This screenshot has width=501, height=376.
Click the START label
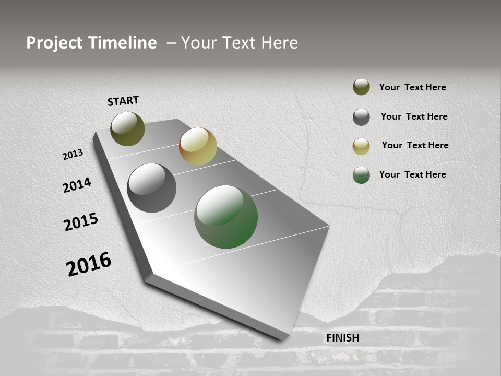pos(123,100)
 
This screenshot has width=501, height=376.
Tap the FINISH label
pos(342,338)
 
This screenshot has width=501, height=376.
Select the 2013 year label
pos(73,155)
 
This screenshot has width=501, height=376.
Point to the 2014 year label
pos(77,185)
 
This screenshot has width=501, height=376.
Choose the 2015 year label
pos(81,222)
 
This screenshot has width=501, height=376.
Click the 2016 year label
pos(89,264)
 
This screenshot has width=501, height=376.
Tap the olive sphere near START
pos(127,128)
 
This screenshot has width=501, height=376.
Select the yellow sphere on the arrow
pos(198,146)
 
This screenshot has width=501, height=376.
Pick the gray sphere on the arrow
pos(152,188)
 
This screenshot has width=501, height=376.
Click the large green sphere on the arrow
pos(226,217)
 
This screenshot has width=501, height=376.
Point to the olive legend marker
pos(361,87)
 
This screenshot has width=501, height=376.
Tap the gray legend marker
pos(361,117)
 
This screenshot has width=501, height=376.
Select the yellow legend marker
pos(361,146)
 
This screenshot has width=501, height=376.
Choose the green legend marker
pos(361,175)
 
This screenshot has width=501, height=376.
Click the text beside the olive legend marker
pos(412,87)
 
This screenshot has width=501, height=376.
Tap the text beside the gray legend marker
pos(414,116)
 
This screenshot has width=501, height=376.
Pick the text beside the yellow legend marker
pos(415,145)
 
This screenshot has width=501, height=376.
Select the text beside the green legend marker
pos(412,174)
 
